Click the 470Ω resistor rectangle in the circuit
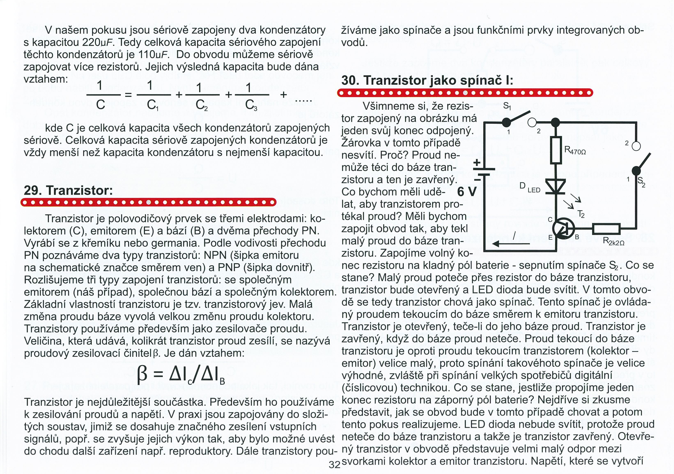(556, 150)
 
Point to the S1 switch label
(507, 106)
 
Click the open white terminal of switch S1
(532, 122)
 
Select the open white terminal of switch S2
(636, 146)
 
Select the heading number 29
(32, 190)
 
